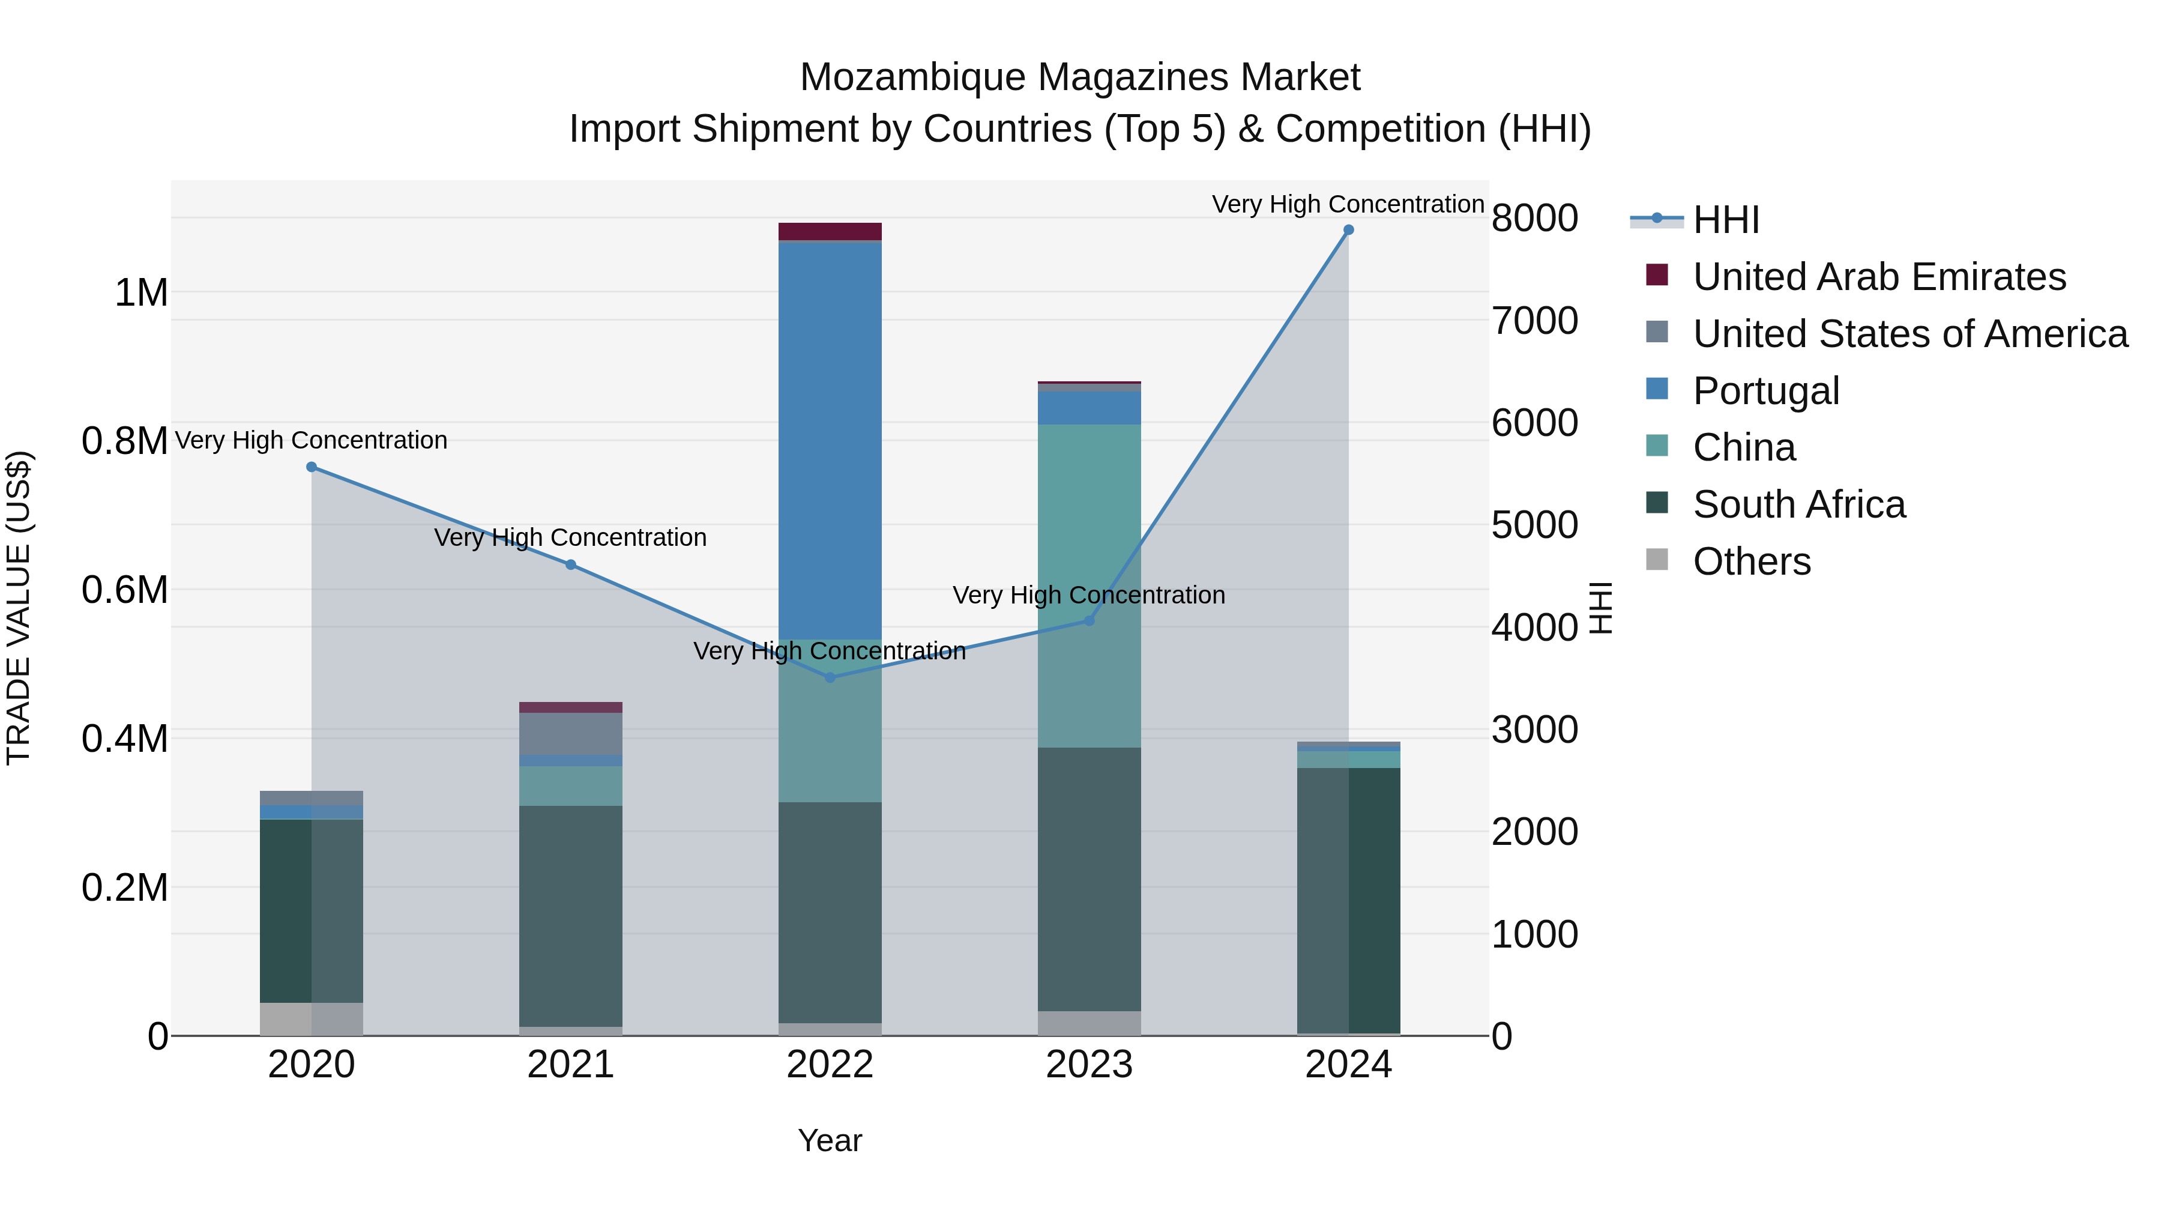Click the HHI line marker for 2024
(1348, 230)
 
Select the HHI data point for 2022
(830, 677)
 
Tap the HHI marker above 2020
(311, 467)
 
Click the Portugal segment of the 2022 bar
(830, 441)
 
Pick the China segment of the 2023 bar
(1089, 585)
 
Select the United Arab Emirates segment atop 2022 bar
(830, 232)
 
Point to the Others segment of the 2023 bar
(1089, 1023)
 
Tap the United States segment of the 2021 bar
(570, 733)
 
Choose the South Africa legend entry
(1798, 504)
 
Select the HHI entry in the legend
(1726, 220)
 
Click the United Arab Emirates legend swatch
(1657, 275)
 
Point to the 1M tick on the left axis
(141, 293)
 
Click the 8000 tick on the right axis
(1534, 218)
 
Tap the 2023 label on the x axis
(1089, 1065)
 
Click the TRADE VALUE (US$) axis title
(19, 608)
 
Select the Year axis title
(830, 1140)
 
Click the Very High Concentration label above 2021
(570, 537)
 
